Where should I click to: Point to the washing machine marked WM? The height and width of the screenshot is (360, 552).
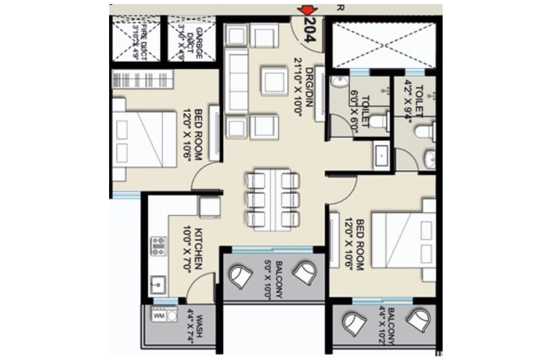pyautogui.click(x=158, y=316)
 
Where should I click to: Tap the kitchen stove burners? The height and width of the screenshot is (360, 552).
pyautogui.click(x=158, y=246)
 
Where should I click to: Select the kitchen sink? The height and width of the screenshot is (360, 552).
pyautogui.click(x=157, y=284)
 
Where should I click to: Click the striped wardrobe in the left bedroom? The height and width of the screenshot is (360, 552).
pyautogui.click(x=141, y=78)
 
